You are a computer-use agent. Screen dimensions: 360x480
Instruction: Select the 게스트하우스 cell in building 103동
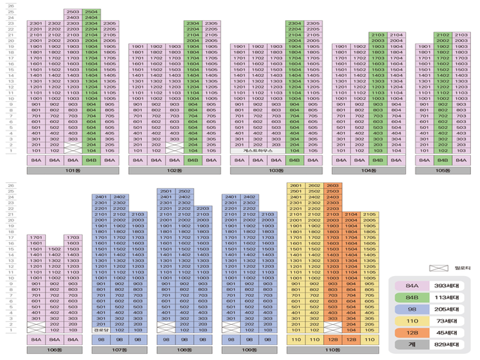pos(256,150)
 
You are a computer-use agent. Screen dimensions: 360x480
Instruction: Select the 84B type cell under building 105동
pos(442,160)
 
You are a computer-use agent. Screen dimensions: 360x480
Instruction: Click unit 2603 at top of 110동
pos(332,185)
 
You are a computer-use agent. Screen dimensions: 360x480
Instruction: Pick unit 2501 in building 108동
pos(166,191)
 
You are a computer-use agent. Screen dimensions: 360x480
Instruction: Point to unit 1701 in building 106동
pos(35,238)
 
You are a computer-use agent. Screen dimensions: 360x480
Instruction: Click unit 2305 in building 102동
pos(211,24)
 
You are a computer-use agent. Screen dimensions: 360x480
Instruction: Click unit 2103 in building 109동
pos(268,214)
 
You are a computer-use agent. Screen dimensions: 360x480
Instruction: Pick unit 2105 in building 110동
pos(369,214)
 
